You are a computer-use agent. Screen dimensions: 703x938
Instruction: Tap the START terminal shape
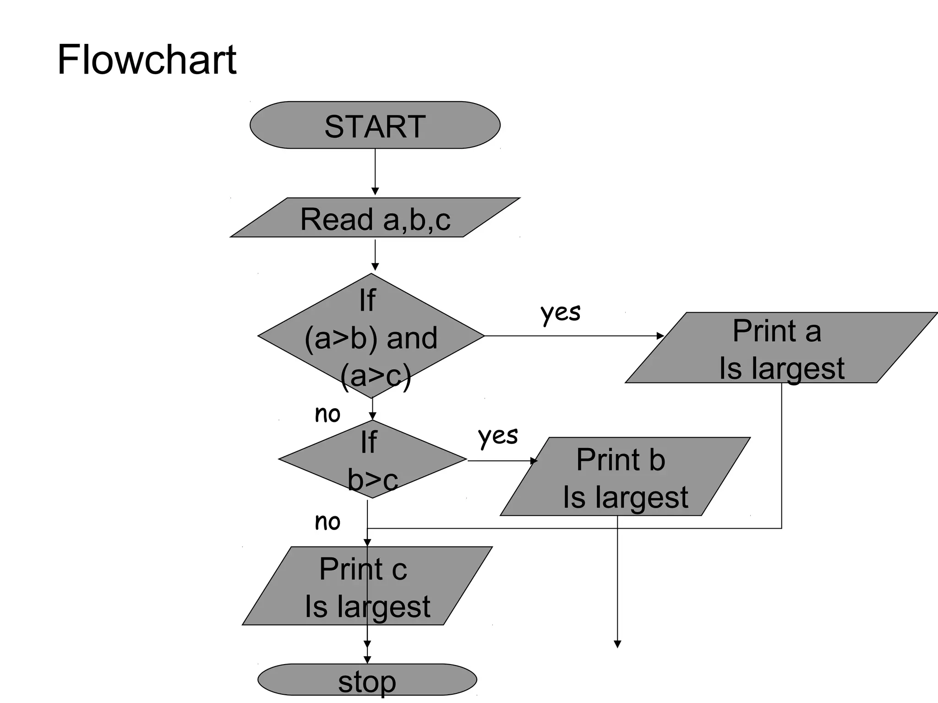(x=375, y=125)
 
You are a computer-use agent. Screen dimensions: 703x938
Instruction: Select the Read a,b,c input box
(x=375, y=218)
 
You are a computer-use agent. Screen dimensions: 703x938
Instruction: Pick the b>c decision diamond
(x=372, y=460)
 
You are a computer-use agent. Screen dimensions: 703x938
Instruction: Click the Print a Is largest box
(x=781, y=348)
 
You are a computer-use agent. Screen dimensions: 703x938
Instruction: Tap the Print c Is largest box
(x=366, y=586)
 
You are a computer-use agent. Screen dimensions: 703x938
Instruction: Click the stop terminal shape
(x=367, y=680)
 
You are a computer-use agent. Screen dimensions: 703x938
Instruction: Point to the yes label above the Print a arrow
(x=560, y=313)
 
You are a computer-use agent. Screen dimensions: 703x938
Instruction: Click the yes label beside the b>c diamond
(x=498, y=436)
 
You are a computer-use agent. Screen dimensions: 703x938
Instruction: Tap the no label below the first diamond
(x=327, y=414)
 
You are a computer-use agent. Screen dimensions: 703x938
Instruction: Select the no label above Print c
(x=327, y=522)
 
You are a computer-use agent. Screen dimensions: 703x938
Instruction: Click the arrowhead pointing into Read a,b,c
(x=375, y=191)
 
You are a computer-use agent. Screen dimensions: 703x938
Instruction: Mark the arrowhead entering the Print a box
(x=660, y=336)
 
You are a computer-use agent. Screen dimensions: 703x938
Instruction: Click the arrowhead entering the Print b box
(x=534, y=461)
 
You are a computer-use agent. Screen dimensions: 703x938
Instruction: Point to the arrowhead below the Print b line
(x=617, y=644)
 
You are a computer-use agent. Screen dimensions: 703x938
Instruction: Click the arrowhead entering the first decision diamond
(x=375, y=267)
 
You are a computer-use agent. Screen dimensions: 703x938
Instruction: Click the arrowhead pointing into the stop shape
(x=367, y=660)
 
